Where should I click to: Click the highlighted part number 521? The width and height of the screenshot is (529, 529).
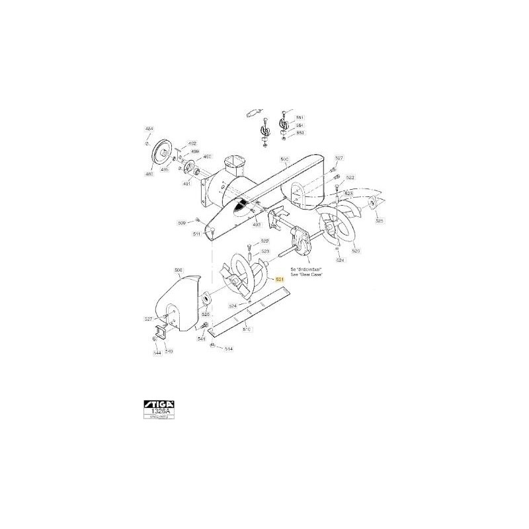(279, 280)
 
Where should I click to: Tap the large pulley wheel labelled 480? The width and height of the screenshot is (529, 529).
(161, 155)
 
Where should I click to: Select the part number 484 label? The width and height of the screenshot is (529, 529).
(148, 128)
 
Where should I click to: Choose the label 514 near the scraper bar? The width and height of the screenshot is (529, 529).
(229, 348)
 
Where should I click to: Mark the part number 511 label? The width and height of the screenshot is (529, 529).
(196, 235)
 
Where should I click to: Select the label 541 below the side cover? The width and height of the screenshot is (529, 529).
(202, 339)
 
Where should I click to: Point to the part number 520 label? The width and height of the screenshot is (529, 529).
(356, 251)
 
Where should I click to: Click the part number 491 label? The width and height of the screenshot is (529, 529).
(187, 184)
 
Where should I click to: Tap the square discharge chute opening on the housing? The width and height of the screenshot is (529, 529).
(234, 161)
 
